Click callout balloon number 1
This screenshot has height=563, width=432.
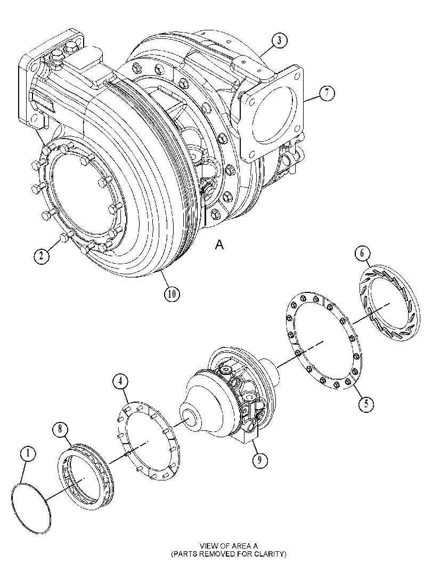28,454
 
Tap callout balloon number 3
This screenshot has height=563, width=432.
279,40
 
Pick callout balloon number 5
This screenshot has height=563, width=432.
366,404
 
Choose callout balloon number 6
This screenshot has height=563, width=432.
362,253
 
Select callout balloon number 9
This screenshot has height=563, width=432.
259,461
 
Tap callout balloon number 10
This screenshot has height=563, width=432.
172,293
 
